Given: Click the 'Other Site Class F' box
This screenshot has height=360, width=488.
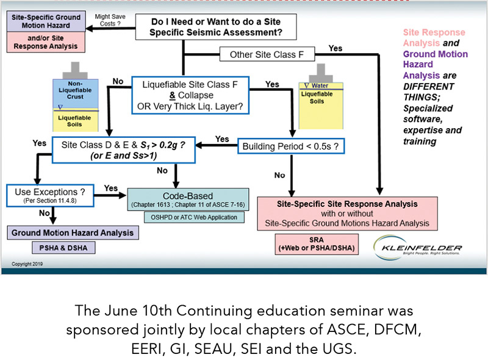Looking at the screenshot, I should coord(267,55).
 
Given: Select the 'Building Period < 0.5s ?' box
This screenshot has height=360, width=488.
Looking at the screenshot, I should coord(290,146).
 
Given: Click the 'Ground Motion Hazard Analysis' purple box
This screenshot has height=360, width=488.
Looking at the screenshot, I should coord(72,232).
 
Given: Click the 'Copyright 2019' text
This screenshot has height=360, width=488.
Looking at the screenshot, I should coord(28,265).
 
